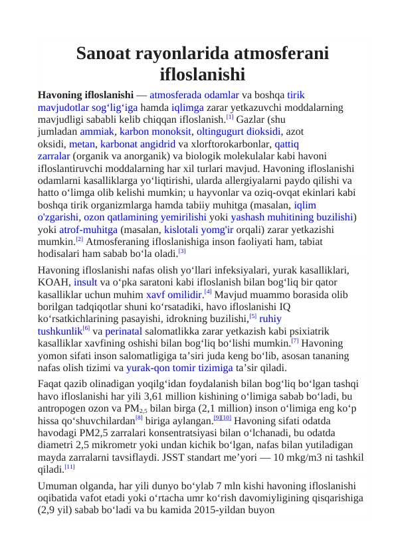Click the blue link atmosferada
(174, 95)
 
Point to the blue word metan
(82, 143)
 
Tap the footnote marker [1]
(229, 118)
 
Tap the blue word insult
(85, 282)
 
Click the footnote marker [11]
(70, 467)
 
